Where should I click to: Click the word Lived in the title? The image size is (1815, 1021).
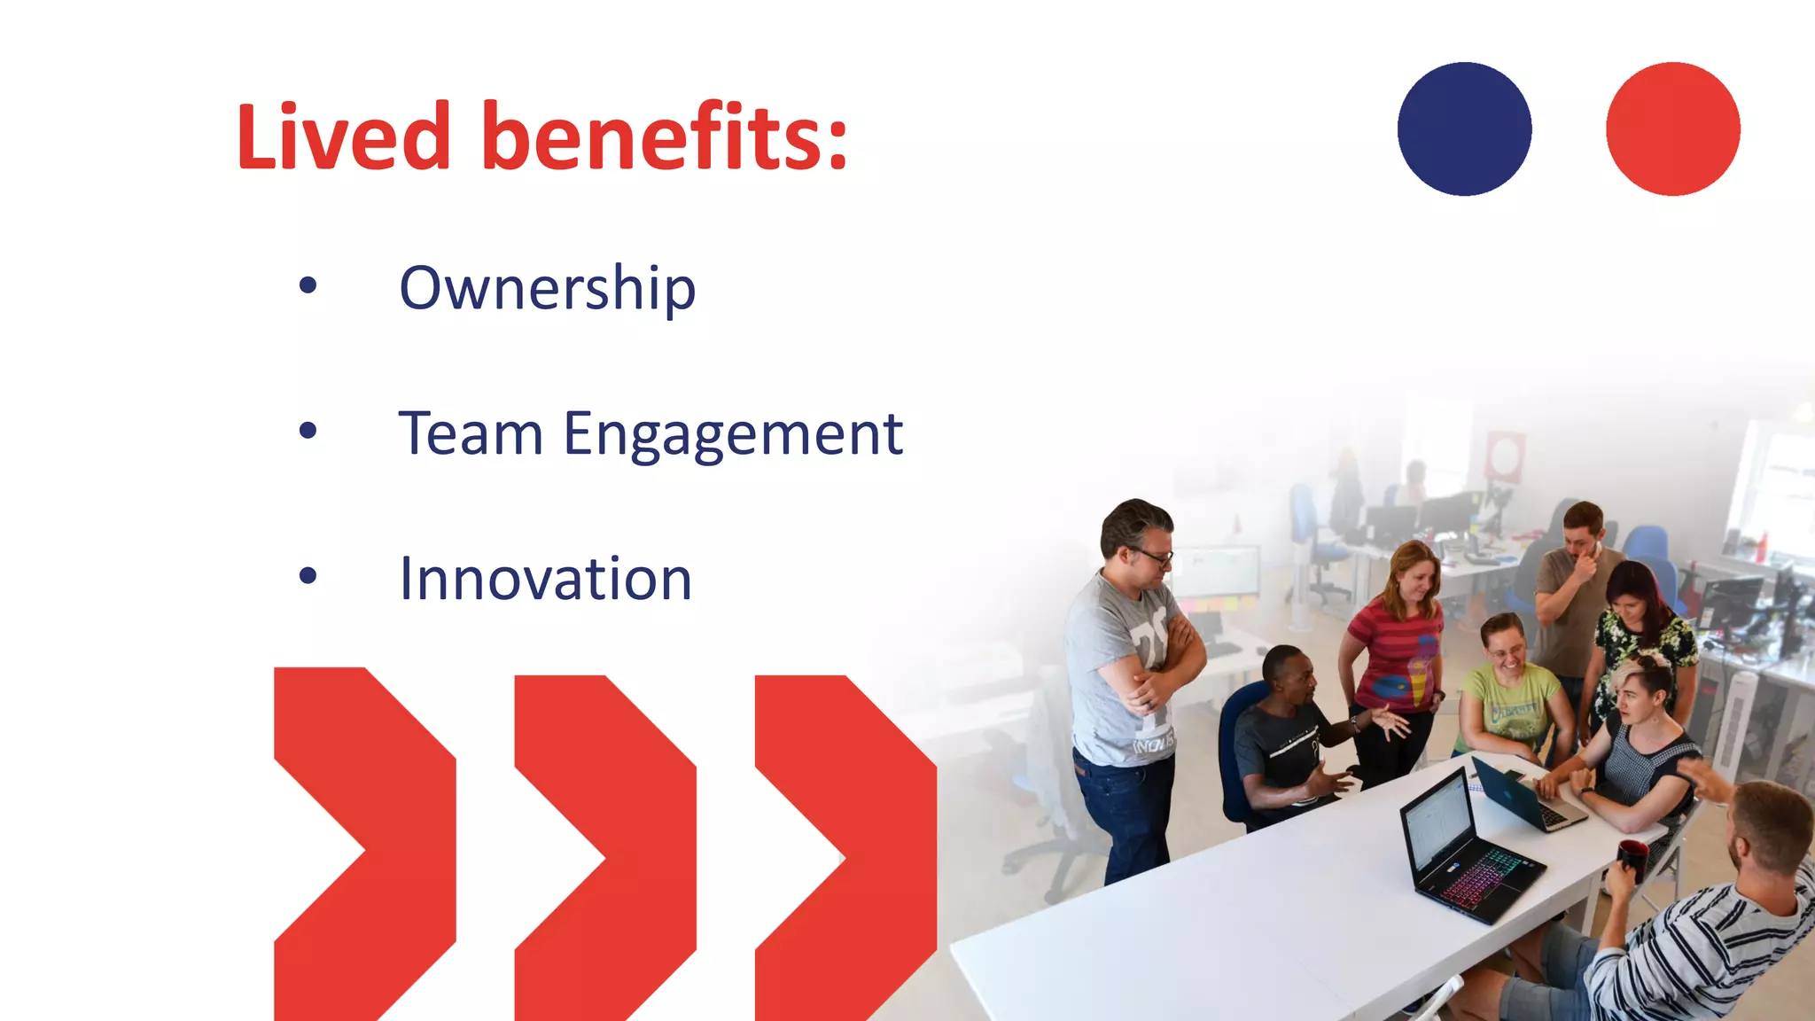pos(344,137)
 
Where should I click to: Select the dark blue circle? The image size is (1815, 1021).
pos(1464,129)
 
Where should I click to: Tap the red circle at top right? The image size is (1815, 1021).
pos(1672,129)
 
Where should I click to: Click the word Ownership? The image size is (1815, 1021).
pos(547,288)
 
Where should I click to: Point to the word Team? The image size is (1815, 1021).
pos(471,433)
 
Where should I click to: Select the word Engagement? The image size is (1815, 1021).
pos(733,435)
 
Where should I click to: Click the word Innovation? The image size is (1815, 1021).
pos(545,579)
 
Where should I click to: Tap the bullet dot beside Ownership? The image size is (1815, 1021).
pos(308,285)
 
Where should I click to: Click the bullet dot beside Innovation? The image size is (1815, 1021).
pos(308,576)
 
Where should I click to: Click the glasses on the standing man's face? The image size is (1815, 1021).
pos(1153,557)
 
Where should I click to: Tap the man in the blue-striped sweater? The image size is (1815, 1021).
pos(1710,931)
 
